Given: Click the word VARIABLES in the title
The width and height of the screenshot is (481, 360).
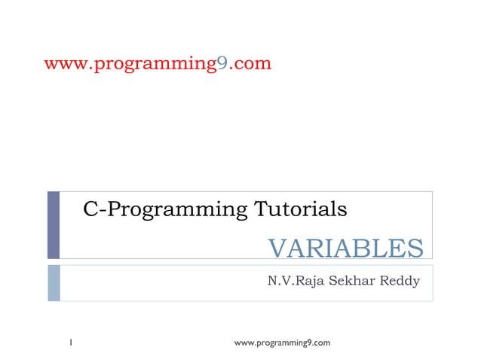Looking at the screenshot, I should pyautogui.click(x=346, y=247).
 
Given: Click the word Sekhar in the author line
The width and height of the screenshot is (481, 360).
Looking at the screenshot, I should pyautogui.click(x=354, y=282).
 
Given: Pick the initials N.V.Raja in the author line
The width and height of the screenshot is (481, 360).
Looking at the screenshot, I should pyautogui.click(x=298, y=282).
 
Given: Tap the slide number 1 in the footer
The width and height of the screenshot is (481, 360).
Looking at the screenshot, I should pyautogui.click(x=69, y=343).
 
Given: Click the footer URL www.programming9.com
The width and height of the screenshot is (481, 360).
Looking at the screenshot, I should pyautogui.click(x=283, y=343).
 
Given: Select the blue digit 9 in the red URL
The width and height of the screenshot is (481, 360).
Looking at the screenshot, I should pyautogui.click(x=222, y=63).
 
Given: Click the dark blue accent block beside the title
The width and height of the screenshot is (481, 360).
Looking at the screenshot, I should pyautogui.click(x=54, y=224).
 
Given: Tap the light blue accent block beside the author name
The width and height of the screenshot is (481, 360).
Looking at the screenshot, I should pyautogui.click(x=54, y=282).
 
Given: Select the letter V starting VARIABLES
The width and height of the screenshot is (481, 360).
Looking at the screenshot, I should pyautogui.click(x=277, y=247).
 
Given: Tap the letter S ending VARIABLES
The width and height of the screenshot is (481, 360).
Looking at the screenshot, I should pyautogui.click(x=415, y=247).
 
